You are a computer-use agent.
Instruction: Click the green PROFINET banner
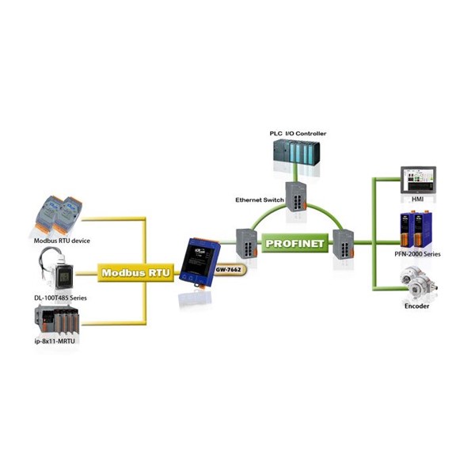point(295,244)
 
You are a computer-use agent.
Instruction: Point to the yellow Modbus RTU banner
point(131,272)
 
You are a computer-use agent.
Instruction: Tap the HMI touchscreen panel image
point(417,181)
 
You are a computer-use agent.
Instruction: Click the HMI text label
point(417,201)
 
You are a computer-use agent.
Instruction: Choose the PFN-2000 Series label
point(417,254)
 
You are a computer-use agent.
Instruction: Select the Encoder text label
point(417,305)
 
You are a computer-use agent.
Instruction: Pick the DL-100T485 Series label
point(62,297)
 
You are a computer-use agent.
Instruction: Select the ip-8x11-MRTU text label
point(59,341)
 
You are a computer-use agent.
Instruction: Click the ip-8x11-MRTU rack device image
point(59,321)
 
